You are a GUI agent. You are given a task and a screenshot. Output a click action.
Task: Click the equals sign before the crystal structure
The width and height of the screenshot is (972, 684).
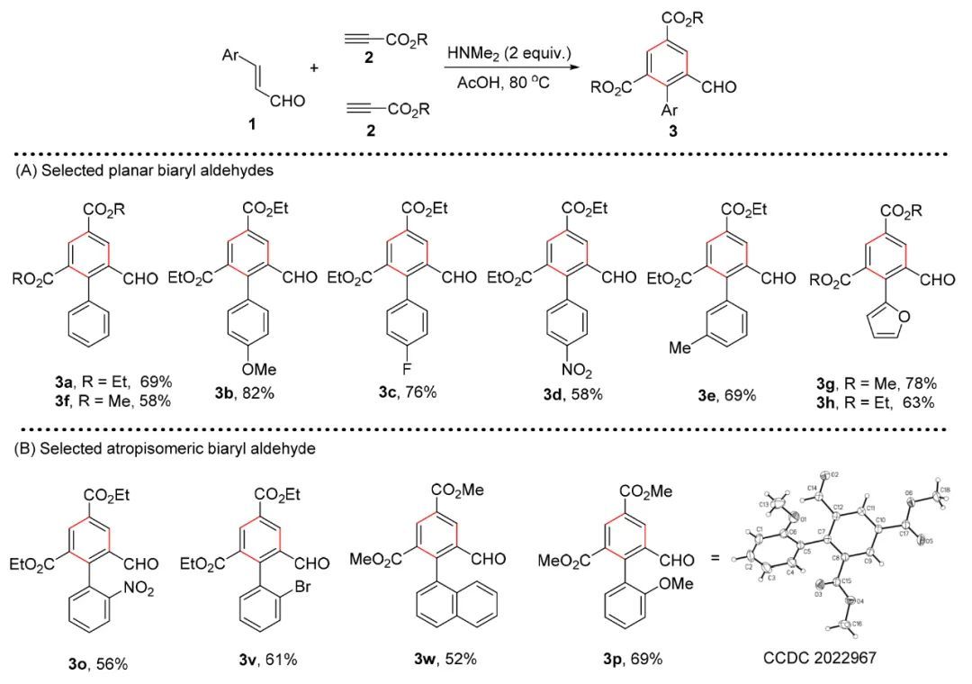point(716,560)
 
